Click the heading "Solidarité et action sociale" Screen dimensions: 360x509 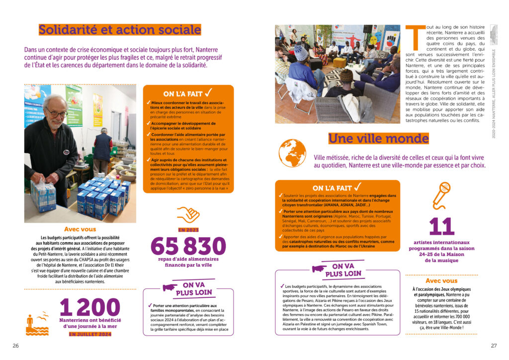point(120,30)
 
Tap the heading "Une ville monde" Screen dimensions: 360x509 point(378,138)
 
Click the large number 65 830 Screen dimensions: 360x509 point(188,246)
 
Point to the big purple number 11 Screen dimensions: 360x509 point(442,226)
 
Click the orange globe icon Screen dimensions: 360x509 point(292,153)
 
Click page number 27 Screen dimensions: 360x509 point(494,346)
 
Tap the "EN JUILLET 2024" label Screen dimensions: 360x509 point(90,334)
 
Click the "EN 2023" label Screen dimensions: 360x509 point(188,230)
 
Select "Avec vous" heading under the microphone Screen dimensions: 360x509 point(441,281)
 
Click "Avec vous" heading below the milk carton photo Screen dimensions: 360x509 point(80,230)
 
